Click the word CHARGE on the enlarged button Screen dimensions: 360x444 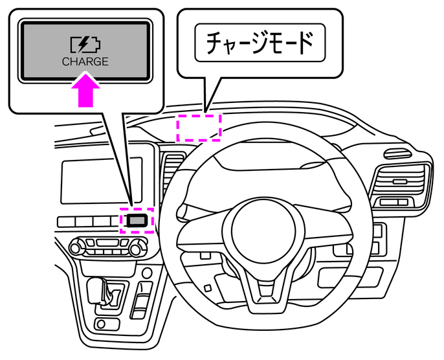click(85, 62)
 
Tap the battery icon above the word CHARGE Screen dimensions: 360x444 click(86, 45)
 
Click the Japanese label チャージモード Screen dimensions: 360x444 click(260, 43)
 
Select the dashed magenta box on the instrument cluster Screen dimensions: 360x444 click(199, 127)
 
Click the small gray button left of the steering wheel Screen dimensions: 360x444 click(137, 220)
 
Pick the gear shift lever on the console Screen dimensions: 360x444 click(97, 289)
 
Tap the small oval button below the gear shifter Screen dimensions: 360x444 click(101, 324)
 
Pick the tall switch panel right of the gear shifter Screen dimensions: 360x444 click(141, 301)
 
